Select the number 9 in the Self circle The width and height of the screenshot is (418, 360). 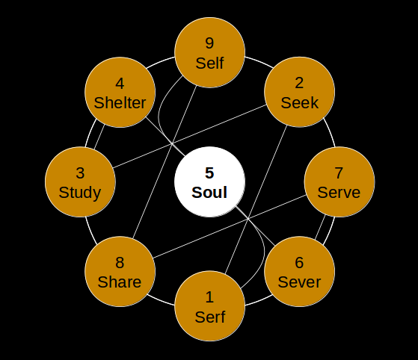coord(209,43)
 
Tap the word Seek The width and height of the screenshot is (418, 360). coord(300,103)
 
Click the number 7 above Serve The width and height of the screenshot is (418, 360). coord(339,173)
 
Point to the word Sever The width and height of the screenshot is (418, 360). coord(299,282)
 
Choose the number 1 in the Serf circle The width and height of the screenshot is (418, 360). coord(209,297)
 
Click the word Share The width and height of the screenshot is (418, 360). coord(120,282)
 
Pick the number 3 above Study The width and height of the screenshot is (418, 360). coord(80,173)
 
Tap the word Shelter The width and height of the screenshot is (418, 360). coord(120,103)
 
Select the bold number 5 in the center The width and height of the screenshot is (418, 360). coord(209,173)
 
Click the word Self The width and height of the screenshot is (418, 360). coord(209,63)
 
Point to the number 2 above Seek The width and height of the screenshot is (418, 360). coord(299,84)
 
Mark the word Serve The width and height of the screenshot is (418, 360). coord(339,193)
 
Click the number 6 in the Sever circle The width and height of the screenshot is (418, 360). coord(299,263)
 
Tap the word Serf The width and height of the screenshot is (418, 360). coord(210,317)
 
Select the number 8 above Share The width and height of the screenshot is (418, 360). coord(120,263)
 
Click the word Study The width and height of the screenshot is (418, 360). coord(80,193)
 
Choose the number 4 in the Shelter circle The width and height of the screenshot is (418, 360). coord(120,84)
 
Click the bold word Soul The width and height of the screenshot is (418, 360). coord(209,193)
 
